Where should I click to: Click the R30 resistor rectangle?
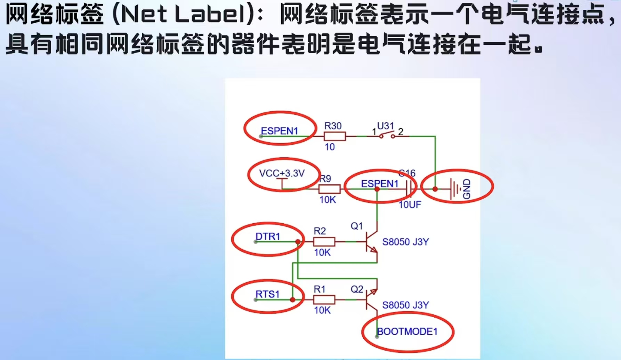pyautogui.click(x=334, y=136)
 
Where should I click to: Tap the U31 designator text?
pyautogui.click(x=385, y=126)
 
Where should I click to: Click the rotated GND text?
pyautogui.click(x=467, y=189)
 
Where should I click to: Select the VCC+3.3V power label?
pyautogui.click(x=282, y=173)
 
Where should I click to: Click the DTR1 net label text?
pyautogui.click(x=267, y=237)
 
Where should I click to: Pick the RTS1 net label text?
pyautogui.click(x=267, y=294)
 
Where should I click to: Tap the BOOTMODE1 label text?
pyautogui.click(x=407, y=331)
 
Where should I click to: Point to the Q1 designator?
pyautogui.click(x=357, y=226)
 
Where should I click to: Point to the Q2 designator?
pyautogui.click(x=357, y=289)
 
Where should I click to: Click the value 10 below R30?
pyautogui.click(x=330, y=147)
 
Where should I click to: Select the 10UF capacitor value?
pyautogui.click(x=410, y=205)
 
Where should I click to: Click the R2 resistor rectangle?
pyautogui.click(x=324, y=241)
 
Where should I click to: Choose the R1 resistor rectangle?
pyautogui.click(x=324, y=299)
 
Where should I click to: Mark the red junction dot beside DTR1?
pyautogui.click(x=298, y=242)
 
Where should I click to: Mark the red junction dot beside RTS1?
pyautogui.click(x=293, y=299)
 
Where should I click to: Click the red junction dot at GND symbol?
pyautogui.click(x=435, y=189)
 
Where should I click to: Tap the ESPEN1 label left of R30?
pyautogui.click(x=279, y=131)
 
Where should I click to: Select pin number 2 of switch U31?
pyautogui.click(x=401, y=131)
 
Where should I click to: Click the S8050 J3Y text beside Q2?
pyautogui.click(x=405, y=305)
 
